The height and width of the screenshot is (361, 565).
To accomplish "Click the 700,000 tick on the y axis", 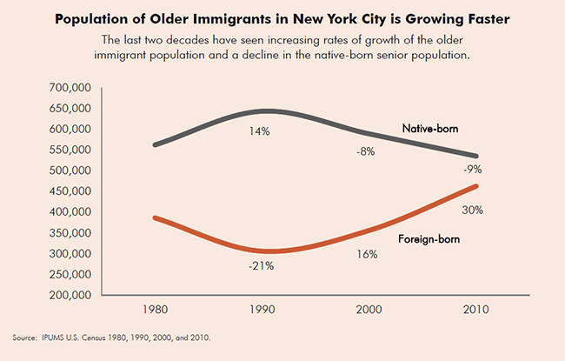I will click(x=66, y=88).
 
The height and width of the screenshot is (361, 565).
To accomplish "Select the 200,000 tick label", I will click(x=66, y=296).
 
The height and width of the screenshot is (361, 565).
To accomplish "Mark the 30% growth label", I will click(x=473, y=210).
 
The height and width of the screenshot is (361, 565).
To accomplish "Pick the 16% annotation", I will click(x=366, y=255).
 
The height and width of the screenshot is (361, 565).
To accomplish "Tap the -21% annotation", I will click(x=261, y=265).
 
